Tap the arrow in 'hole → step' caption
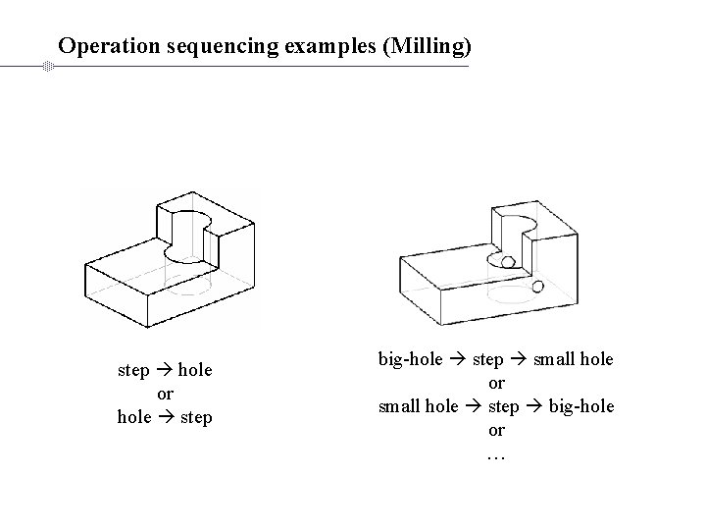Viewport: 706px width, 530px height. click(164, 417)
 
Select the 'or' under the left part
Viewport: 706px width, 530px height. click(165, 394)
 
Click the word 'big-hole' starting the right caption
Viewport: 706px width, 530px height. click(411, 359)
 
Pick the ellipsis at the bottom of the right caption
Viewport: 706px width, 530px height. click(495, 453)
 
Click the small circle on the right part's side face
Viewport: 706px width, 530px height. click(537, 287)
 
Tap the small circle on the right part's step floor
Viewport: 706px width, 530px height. click(507, 262)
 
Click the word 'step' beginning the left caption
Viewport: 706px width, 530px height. click(133, 370)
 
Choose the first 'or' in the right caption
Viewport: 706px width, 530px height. click(496, 383)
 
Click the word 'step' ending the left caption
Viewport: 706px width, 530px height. click(195, 417)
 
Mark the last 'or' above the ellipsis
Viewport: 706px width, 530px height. click(496, 430)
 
